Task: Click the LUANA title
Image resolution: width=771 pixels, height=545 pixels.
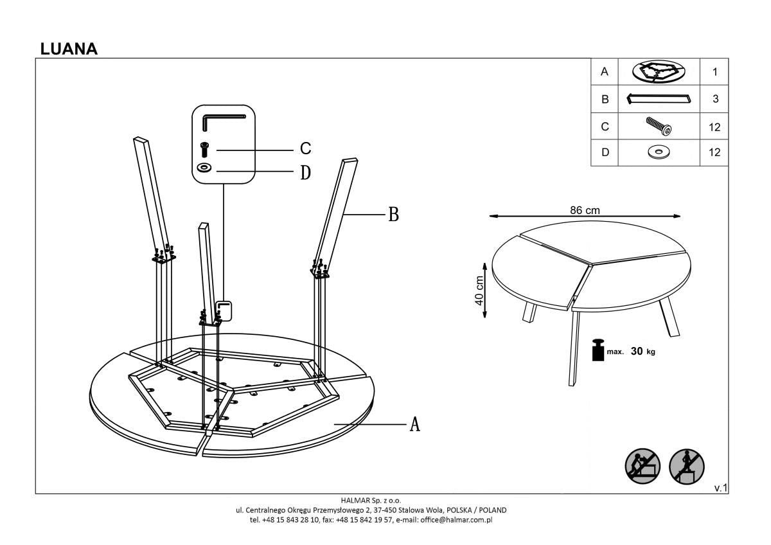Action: pos(69,49)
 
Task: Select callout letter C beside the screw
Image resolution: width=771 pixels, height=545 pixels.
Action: pos(306,149)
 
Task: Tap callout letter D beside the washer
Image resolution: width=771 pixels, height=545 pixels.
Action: pos(306,172)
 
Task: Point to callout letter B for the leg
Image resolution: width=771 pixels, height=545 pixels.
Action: pos(393,215)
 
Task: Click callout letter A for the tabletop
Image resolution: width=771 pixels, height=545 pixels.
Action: pos(415,424)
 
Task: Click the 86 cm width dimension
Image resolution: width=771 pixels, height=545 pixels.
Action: pos(585,210)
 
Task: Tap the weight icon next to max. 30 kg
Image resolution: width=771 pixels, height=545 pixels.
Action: pos(598,351)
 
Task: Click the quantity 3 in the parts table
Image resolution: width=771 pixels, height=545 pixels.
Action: pos(714,100)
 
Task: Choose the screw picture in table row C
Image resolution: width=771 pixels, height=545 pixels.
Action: pos(659,126)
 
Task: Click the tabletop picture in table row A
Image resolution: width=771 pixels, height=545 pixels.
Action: pos(659,72)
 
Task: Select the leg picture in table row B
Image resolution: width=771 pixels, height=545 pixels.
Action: pos(659,99)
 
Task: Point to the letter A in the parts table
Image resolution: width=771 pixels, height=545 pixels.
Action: pos(604,72)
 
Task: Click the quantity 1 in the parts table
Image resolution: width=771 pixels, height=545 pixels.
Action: pos(714,72)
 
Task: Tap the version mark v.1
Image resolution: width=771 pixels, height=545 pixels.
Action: pos(720,488)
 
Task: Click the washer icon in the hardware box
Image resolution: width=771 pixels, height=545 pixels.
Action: pos(205,168)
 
